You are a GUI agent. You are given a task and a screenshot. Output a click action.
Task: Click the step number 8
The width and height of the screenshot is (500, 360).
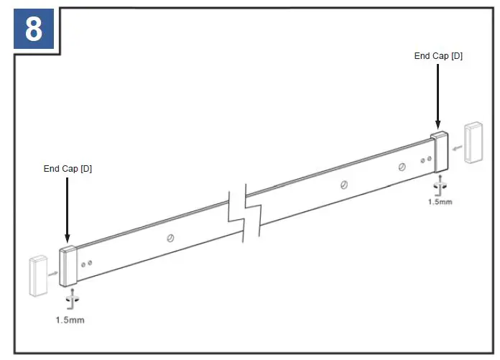click(x=33, y=30)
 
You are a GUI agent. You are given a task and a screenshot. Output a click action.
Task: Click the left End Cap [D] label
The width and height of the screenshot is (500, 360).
click(x=68, y=169)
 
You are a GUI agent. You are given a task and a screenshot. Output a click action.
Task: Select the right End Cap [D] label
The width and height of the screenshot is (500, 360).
click(x=438, y=55)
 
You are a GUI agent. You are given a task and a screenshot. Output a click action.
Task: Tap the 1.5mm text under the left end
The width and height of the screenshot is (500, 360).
click(x=70, y=319)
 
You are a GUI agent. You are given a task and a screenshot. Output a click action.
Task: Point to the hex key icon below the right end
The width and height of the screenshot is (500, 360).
click(x=440, y=185)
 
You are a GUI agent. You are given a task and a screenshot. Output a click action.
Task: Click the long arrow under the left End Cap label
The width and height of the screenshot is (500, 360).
click(x=67, y=208)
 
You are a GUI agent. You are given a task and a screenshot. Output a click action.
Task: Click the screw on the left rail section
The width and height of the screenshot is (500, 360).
click(x=170, y=238)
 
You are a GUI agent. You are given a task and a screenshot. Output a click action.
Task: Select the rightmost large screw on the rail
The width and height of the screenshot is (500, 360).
click(x=402, y=167)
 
